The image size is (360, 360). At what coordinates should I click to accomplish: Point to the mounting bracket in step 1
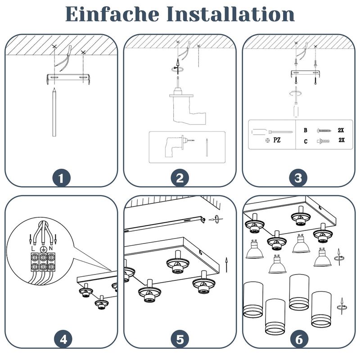(67, 78)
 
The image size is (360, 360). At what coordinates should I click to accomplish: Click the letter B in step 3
(306, 130)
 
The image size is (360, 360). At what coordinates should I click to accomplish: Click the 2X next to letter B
(341, 130)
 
